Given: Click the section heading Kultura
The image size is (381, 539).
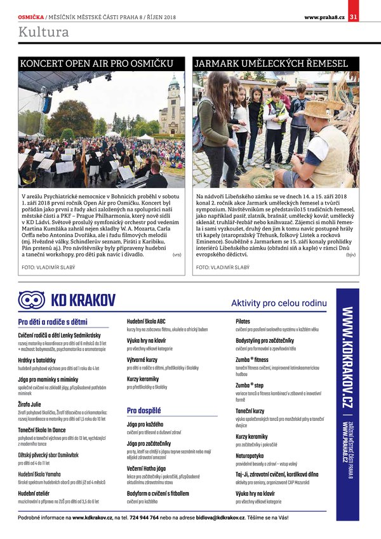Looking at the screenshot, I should click(44, 32).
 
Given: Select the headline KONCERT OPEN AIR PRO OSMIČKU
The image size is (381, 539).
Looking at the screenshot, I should click(97, 64).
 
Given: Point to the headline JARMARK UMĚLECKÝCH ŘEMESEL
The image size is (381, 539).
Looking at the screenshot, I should click(271, 64).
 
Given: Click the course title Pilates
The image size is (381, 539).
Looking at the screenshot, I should click(243, 322).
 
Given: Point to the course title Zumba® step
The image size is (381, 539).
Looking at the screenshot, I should click(250, 385).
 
